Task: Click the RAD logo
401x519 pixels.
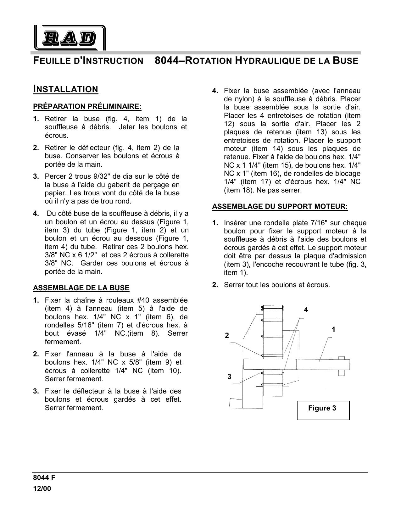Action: pos(69,38)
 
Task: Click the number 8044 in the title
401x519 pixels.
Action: pos(166,60)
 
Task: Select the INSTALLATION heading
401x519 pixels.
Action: pos(66,89)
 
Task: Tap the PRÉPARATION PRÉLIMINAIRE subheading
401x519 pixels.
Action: pos(87,106)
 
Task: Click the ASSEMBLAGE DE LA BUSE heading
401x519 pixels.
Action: pos(81,288)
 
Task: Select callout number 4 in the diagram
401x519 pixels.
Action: pos(306,310)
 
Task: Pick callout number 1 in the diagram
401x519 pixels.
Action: pos(333,329)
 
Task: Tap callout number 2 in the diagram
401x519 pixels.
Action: pos(227,336)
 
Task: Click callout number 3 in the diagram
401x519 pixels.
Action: pos(229,377)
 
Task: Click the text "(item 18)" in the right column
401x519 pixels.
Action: pos(239,190)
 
